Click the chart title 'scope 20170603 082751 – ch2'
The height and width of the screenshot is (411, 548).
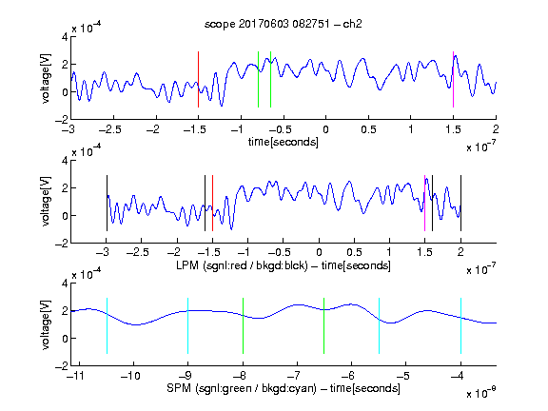click(284, 24)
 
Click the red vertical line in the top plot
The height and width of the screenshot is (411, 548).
click(198, 79)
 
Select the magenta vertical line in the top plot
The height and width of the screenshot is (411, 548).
click(453, 79)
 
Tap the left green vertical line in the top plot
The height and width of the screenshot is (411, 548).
click(258, 79)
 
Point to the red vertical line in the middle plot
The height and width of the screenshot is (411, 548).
click(212, 203)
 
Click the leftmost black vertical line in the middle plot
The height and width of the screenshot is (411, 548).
click(107, 203)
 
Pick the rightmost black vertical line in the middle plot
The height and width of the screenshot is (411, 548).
click(460, 203)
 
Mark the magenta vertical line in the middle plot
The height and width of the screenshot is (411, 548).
click(424, 203)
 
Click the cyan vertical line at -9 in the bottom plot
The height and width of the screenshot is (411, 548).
click(187, 325)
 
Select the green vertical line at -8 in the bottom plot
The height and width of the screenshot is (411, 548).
click(243, 325)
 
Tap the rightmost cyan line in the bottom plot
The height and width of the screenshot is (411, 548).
click(460, 325)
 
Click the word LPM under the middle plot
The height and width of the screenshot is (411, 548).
click(187, 265)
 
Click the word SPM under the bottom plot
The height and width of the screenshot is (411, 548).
click(179, 388)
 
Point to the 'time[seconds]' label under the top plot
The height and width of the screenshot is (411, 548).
click(284, 142)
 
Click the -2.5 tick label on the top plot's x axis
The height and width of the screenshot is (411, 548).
click(109, 129)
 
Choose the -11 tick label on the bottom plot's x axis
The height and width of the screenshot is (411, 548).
click(76, 376)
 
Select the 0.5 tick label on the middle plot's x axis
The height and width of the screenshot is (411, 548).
click(354, 252)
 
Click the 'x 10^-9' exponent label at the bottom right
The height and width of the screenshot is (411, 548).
click(481, 392)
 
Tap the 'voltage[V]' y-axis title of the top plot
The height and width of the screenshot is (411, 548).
click(46, 78)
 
